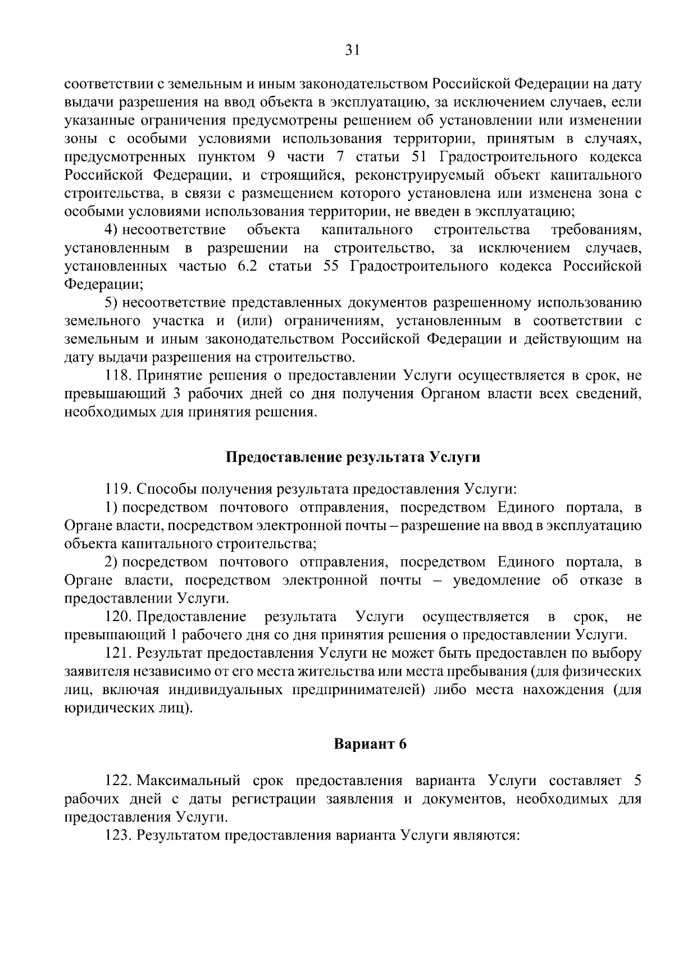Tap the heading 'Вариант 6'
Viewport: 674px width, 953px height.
370,744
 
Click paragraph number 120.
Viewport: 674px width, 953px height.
119,617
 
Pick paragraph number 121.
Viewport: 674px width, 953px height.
118,654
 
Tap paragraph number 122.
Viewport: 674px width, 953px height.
119,781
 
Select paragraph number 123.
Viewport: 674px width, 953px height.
119,835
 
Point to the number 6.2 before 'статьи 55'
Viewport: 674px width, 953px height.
247,266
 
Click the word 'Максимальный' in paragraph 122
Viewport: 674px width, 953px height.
189,781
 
